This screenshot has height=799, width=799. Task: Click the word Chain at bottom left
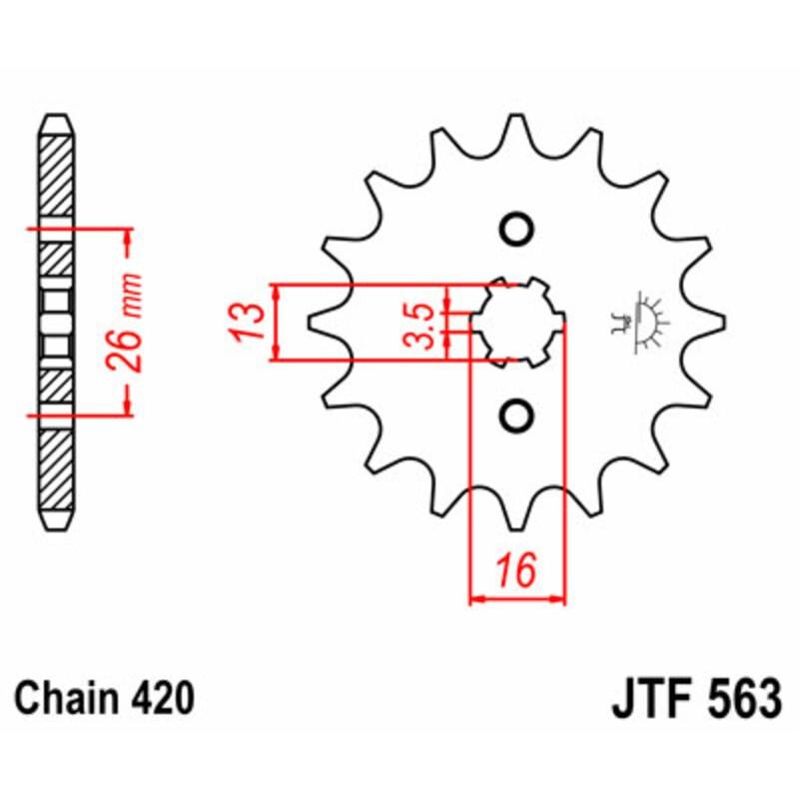tap(64, 698)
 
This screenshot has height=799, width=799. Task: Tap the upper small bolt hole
tap(516, 229)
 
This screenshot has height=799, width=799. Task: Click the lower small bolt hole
tap(516, 413)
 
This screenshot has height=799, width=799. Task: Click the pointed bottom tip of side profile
tap(56, 526)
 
